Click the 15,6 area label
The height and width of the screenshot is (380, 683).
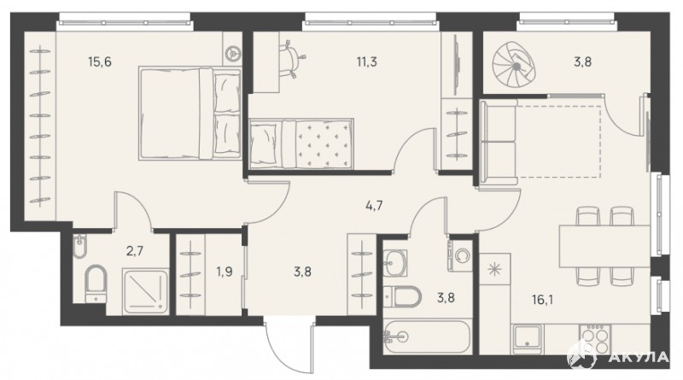point(100,61)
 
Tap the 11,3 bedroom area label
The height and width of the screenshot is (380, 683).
point(367,61)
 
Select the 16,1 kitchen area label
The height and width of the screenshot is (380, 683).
point(542,300)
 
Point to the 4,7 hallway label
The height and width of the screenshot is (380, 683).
point(374,205)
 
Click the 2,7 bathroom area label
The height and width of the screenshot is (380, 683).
point(135,251)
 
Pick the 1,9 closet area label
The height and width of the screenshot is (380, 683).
point(224,272)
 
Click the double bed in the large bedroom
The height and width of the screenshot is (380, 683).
point(190,114)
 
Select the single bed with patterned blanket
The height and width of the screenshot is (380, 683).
point(301,143)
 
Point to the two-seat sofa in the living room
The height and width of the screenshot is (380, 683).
point(499,142)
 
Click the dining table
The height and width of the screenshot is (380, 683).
point(604,245)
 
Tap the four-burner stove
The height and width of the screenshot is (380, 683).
point(595,339)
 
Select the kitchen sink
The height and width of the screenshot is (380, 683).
point(527,339)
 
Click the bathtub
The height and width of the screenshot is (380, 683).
point(427,336)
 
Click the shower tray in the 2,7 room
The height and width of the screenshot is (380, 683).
point(145,291)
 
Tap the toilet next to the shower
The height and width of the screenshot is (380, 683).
point(96,284)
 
